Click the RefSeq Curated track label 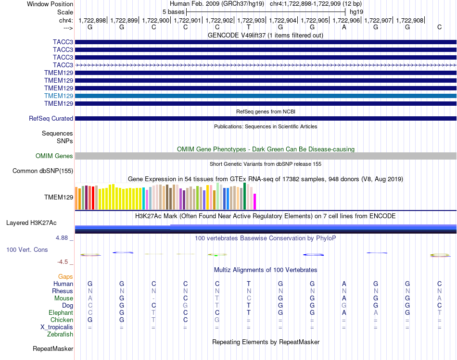51,119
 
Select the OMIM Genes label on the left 54,156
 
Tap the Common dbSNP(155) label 43,171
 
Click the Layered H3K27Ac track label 31,223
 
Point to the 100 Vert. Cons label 27,249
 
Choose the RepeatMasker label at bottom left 53,348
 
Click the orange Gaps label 65,277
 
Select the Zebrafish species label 60,335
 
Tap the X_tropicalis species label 57,327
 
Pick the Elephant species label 61,312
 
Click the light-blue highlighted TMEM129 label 59,96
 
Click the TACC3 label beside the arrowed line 63,65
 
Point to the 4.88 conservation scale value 62,237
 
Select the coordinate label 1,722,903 251,20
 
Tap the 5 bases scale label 173,12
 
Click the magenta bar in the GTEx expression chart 255,201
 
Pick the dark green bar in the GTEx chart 245,196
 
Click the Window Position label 50,4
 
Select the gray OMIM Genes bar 266,156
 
